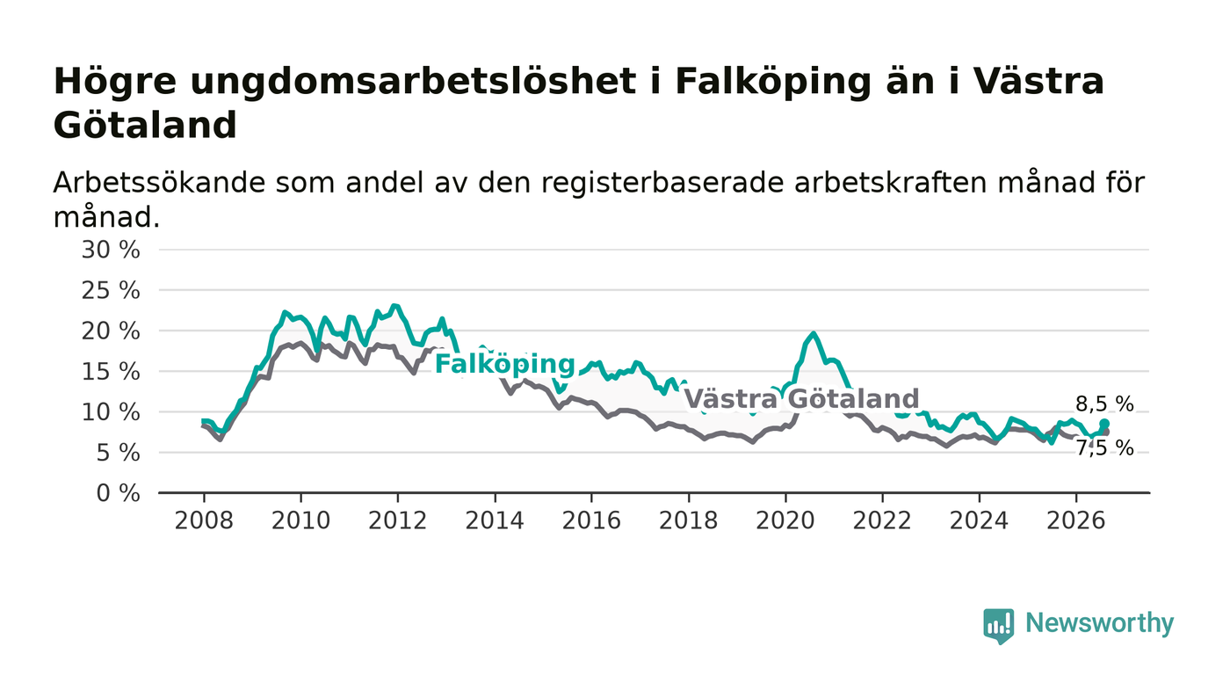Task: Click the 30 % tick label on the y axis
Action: click(111, 250)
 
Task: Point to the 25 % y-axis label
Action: click(111, 291)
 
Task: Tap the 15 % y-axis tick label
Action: click(111, 372)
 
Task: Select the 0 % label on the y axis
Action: click(118, 493)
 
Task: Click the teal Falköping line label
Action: click(504, 364)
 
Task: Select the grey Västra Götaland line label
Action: click(801, 398)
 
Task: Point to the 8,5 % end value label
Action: click(1104, 404)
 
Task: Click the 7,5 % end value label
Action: click(1104, 448)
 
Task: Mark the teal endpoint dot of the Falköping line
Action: click(1104, 424)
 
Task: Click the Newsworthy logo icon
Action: click(999, 626)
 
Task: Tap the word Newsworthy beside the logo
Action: click(1099, 623)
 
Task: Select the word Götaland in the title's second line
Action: click(145, 126)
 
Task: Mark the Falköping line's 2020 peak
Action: click(814, 333)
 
